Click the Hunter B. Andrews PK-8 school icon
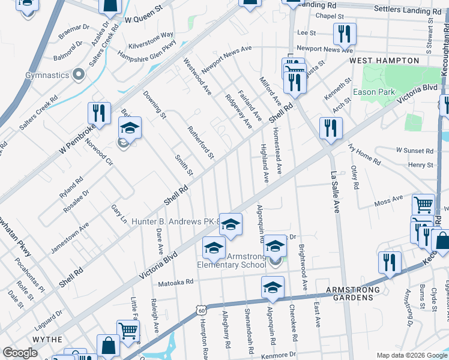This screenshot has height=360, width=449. [230, 225]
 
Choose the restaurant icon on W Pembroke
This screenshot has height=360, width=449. [99, 113]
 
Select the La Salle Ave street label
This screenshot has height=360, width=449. [336, 191]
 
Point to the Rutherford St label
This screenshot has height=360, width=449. [200, 142]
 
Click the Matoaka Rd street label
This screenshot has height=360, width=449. [175, 281]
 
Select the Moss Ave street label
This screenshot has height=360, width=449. [388, 200]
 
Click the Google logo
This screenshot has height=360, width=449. [20, 353]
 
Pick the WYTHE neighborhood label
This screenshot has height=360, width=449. [47, 340]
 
